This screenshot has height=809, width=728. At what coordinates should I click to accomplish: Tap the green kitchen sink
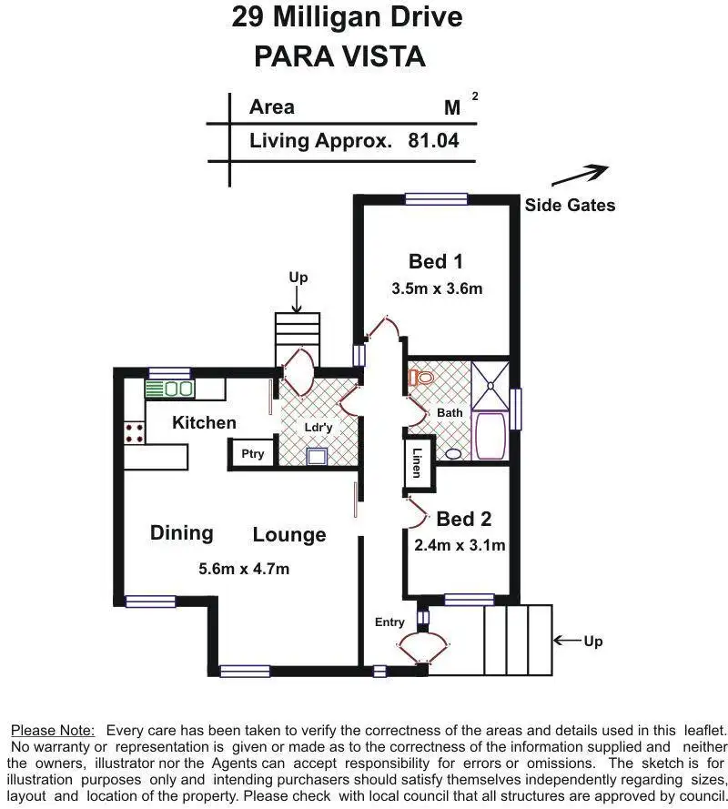click(x=169, y=389)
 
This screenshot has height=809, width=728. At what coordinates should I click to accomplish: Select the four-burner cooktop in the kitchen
click(x=134, y=432)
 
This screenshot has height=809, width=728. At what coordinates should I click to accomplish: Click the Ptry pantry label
click(x=252, y=454)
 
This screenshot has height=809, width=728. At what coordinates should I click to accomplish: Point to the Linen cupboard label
click(x=417, y=463)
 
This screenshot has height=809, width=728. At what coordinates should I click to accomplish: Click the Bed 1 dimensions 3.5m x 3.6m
click(x=437, y=288)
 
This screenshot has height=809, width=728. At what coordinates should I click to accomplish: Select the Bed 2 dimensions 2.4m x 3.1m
click(x=460, y=545)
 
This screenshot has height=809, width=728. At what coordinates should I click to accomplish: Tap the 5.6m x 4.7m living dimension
click(x=244, y=569)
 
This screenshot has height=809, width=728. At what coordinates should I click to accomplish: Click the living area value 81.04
click(x=433, y=140)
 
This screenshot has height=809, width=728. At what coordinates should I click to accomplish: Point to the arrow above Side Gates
click(x=580, y=176)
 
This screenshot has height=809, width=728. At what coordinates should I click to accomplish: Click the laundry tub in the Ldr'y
click(x=317, y=456)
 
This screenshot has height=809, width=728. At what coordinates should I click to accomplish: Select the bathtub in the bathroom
click(x=490, y=436)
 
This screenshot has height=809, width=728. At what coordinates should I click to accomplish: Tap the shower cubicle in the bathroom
click(x=490, y=386)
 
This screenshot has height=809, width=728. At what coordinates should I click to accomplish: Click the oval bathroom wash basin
click(x=453, y=454)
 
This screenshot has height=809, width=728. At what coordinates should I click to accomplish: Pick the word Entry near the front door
click(x=389, y=622)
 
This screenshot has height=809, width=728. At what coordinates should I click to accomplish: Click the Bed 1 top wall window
click(x=437, y=198)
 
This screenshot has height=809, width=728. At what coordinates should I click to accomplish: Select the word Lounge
click(x=289, y=534)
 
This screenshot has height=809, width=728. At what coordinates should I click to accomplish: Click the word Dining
click(x=182, y=533)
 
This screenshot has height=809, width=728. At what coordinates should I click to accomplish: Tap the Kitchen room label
click(x=205, y=422)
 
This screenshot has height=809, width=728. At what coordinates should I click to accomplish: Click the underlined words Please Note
click(x=53, y=731)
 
